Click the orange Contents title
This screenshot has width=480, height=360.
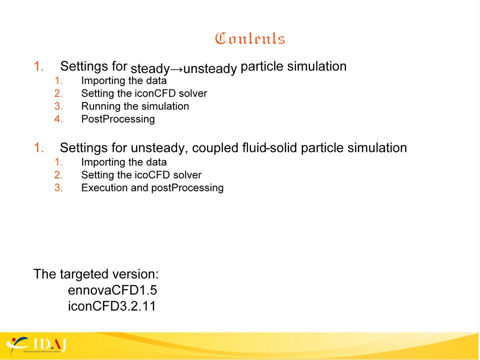[x=250, y=38]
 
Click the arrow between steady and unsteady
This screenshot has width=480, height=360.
[x=176, y=69]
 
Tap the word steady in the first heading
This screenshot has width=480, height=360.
[x=150, y=68]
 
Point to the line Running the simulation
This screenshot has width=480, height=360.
[x=135, y=106]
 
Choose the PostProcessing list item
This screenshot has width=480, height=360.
[x=118, y=119]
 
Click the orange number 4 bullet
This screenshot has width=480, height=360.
[x=58, y=119]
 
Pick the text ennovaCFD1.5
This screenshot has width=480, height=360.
[x=112, y=290]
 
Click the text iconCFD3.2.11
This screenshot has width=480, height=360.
[x=111, y=306]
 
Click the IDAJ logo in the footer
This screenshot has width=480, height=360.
[x=36, y=345]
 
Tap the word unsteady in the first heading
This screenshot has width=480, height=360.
[x=210, y=68]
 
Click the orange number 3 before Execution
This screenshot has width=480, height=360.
[x=58, y=187]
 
